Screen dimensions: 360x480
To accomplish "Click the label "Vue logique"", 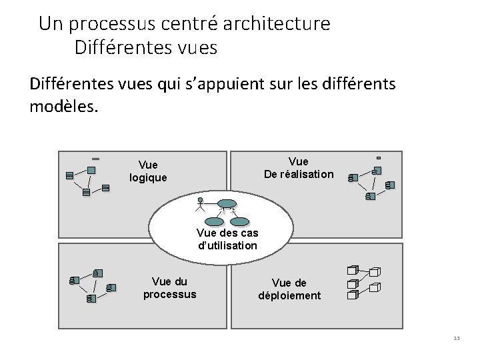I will [148, 171].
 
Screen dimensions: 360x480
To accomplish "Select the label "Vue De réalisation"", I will [299, 168].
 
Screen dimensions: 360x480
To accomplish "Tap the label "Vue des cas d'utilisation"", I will [227, 239].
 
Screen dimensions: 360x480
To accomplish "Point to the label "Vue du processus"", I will [170, 288].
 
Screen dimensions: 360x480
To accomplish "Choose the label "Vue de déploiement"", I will [289, 289].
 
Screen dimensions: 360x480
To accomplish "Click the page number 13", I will [456, 339].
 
